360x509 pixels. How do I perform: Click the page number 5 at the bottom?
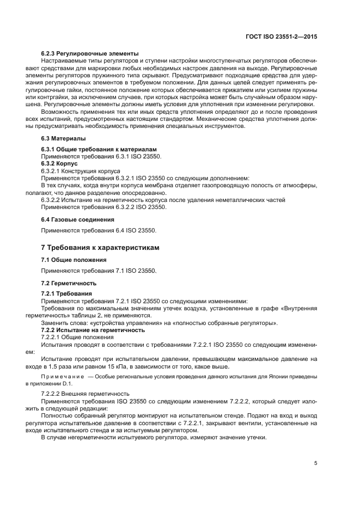coord(316,464)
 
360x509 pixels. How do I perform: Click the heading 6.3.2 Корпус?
coord(60,163)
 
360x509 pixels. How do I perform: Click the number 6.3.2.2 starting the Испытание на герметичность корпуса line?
coord(52,200)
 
